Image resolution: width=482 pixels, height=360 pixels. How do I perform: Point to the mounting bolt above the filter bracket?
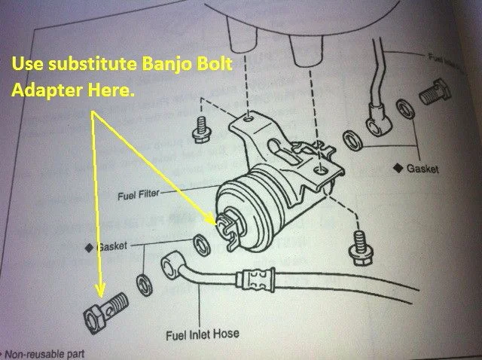pyautogui.click(x=201, y=129)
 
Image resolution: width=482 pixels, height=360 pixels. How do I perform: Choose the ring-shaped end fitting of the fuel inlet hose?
pyautogui.click(x=171, y=266)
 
